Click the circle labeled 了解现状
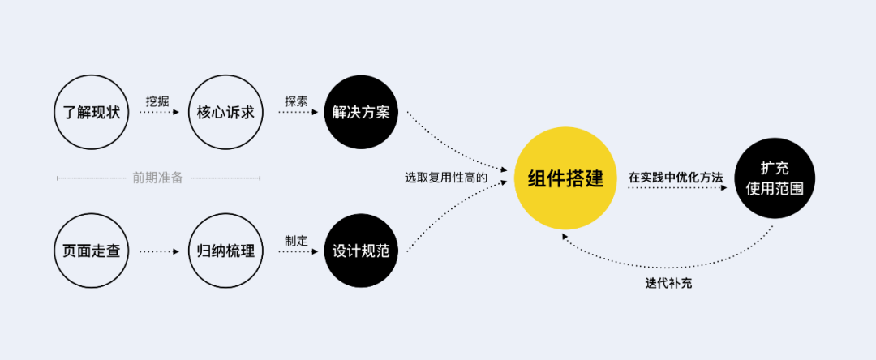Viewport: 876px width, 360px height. click(x=92, y=112)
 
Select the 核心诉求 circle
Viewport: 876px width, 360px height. click(x=225, y=112)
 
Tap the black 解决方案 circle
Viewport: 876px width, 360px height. click(x=361, y=112)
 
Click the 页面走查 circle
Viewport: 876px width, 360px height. click(x=92, y=251)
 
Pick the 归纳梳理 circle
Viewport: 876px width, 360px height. click(x=225, y=251)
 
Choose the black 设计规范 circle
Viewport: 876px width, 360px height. click(x=361, y=251)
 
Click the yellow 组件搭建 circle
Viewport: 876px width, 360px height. click(x=565, y=179)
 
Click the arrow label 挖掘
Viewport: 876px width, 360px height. click(x=157, y=101)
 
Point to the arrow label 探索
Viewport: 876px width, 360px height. click(x=296, y=101)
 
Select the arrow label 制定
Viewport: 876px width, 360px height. click(x=296, y=240)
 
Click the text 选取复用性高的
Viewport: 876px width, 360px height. click(x=446, y=177)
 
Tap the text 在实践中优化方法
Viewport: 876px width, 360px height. click(x=675, y=176)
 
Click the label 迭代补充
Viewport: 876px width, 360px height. click(x=669, y=284)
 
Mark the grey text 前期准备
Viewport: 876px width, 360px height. click(x=158, y=178)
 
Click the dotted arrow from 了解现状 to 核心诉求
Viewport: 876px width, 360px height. click(x=159, y=113)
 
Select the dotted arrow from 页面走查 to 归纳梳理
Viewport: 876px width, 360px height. click(x=159, y=251)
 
